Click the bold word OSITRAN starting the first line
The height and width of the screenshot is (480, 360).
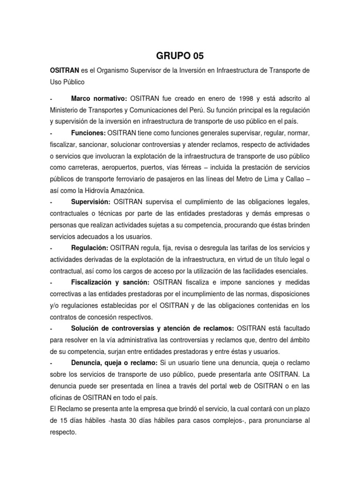64,70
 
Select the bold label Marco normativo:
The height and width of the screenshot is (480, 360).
99,99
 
